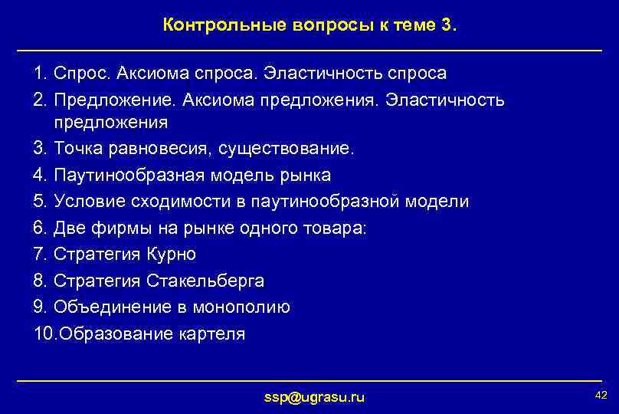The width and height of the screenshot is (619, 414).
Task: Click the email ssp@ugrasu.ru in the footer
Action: (x=314, y=396)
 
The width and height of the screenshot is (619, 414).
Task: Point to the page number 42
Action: (x=601, y=395)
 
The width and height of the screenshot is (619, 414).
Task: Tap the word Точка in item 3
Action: (x=77, y=149)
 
